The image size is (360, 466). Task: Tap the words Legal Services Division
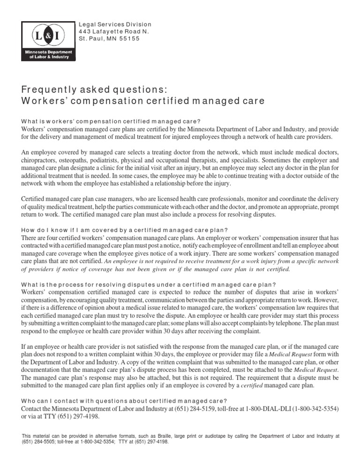pos(115,24)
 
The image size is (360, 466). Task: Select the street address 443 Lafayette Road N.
pos(114,31)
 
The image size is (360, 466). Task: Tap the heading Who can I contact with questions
pos(124,400)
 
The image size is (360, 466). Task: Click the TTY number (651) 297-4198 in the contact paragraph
pos(70,416)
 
